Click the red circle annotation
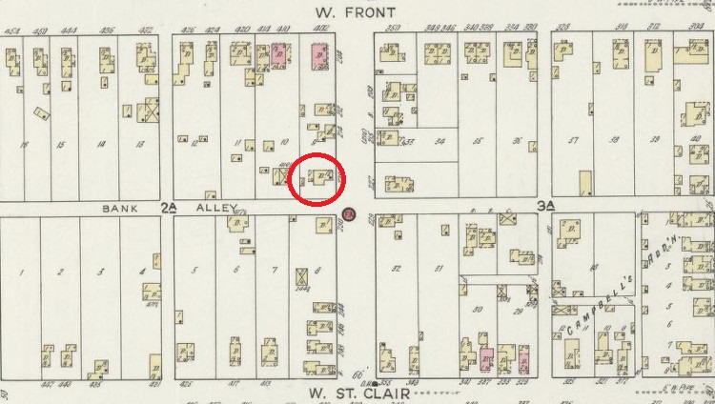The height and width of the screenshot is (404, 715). click(x=317, y=178)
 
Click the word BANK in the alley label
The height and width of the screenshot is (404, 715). click(x=114, y=206)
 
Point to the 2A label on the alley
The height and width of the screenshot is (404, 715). click(x=169, y=206)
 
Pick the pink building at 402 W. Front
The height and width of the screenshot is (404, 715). click(x=318, y=54)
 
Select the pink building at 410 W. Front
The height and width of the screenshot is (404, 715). click(x=279, y=54)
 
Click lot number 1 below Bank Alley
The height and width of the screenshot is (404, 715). click(x=20, y=273)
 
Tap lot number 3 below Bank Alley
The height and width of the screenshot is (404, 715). click(x=99, y=273)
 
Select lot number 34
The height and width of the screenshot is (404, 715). click(x=439, y=141)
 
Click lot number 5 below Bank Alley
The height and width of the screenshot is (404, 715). click(x=194, y=271)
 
